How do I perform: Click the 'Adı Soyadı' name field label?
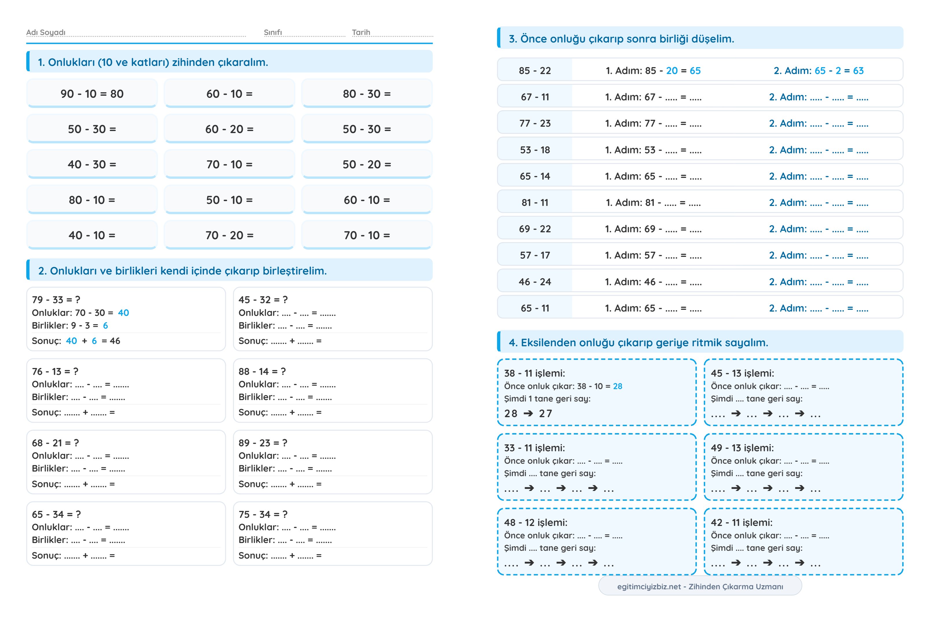click(x=46, y=32)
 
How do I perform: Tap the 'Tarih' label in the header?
click(x=361, y=32)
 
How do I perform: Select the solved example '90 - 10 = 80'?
click(x=92, y=94)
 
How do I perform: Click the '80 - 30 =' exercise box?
click(x=367, y=94)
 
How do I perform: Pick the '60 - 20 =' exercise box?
click(x=229, y=129)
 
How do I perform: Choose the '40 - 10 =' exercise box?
click(x=92, y=235)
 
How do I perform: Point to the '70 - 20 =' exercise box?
click(x=229, y=235)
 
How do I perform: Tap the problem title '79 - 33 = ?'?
click(x=56, y=299)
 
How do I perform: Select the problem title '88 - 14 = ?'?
click(x=262, y=371)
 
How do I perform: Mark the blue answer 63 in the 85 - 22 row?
click(x=858, y=71)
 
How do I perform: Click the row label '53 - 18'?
click(x=535, y=150)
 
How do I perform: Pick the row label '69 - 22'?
click(x=535, y=229)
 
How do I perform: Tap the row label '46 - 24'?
click(x=535, y=282)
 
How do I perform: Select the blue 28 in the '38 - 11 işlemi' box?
click(x=618, y=386)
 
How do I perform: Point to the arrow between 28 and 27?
click(x=528, y=413)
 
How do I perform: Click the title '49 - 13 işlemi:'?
click(x=742, y=448)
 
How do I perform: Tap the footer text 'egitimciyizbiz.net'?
click(x=649, y=586)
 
